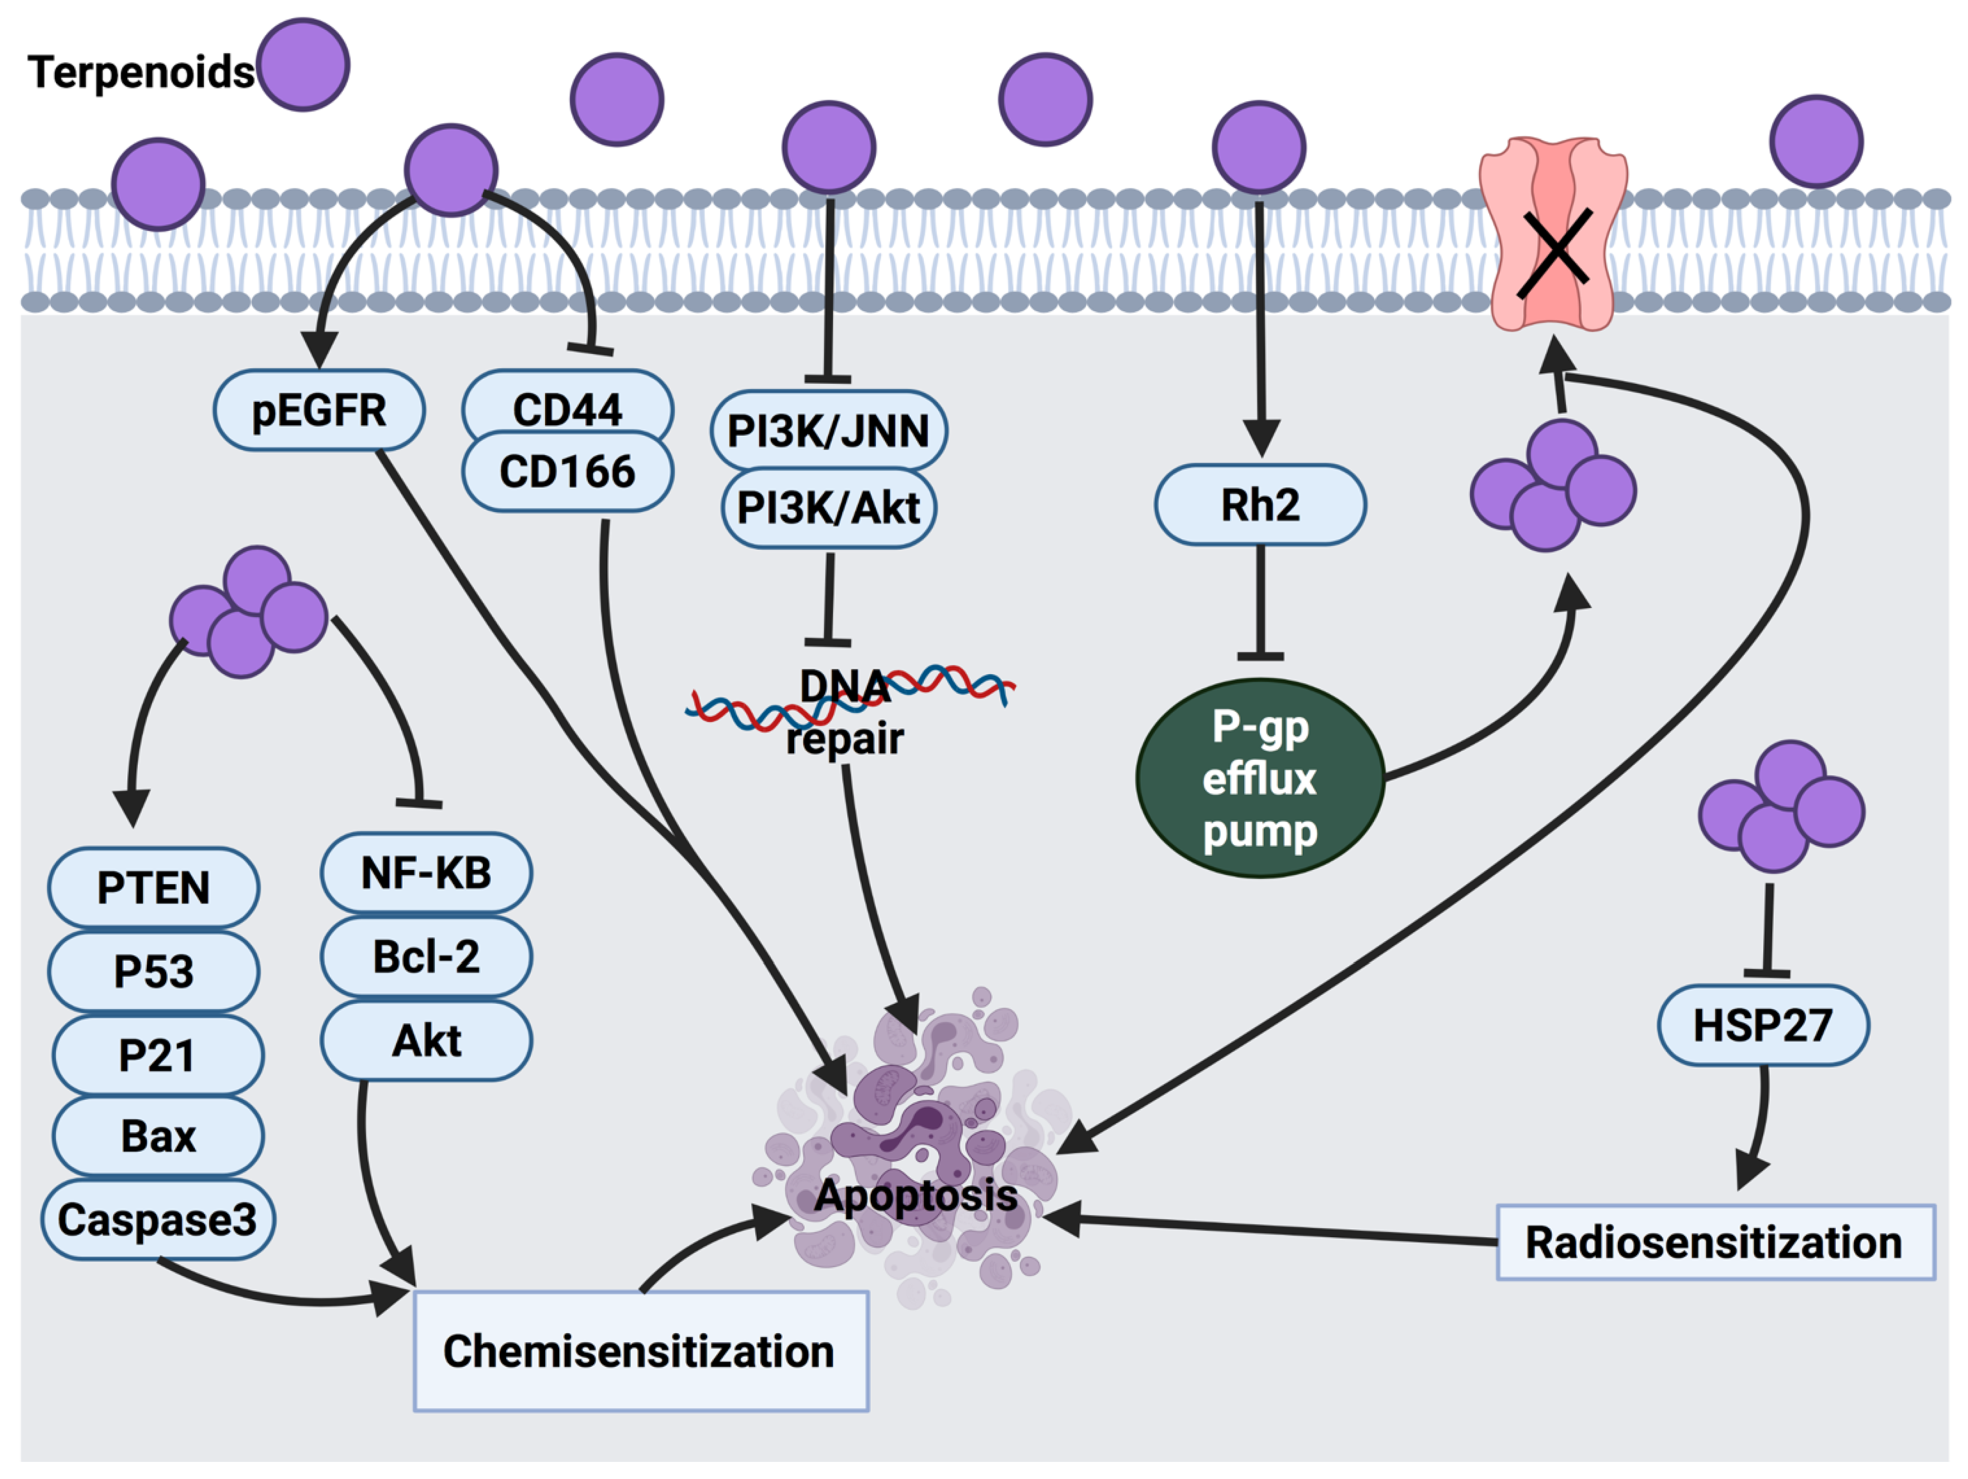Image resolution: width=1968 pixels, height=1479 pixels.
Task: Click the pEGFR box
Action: tap(318, 410)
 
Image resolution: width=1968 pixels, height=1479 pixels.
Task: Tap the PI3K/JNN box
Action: tap(828, 430)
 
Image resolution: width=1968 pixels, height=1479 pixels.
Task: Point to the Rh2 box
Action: tap(1260, 504)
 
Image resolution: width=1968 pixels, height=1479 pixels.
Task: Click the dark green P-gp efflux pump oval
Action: tap(1260, 778)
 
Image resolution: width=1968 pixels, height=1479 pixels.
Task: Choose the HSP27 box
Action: tap(1763, 1024)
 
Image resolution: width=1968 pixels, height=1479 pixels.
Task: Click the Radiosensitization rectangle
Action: tap(1715, 1241)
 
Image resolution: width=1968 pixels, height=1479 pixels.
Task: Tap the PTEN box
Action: tap(153, 887)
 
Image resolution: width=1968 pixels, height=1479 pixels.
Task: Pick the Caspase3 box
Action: tap(157, 1219)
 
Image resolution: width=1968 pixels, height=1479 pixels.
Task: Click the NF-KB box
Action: tap(426, 872)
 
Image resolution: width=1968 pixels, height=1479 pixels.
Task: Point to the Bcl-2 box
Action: tap(426, 956)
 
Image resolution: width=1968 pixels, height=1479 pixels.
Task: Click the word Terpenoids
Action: tap(141, 72)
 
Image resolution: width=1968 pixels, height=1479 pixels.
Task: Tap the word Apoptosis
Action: tap(916, 1194)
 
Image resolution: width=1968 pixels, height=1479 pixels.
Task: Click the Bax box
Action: tap(157, 1135)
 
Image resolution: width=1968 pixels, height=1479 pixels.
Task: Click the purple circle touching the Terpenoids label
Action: tap(303, 65)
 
